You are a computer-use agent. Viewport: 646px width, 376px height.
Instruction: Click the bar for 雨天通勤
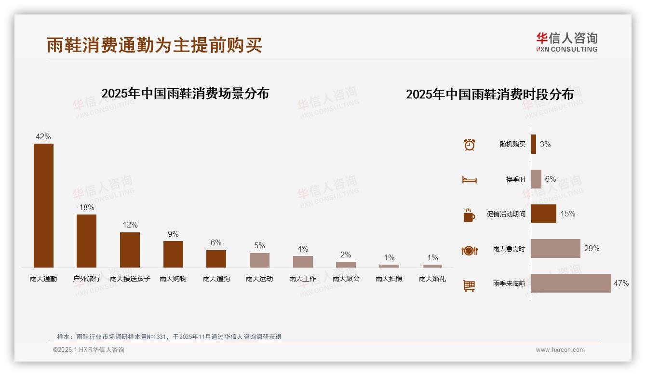pos(43,205)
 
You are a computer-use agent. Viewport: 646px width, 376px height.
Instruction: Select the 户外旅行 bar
pos(86,241)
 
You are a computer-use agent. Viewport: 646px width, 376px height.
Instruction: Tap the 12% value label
pos(130,225)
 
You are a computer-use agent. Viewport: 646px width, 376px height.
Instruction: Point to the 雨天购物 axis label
pos(173,279)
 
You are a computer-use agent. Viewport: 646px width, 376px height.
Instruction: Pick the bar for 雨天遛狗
pos(216,258)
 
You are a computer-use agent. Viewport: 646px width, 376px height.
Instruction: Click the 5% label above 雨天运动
pos(259,245)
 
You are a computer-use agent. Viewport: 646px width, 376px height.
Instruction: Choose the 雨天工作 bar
pos(303,261)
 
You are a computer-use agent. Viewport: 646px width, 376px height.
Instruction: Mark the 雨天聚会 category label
pos(346,279)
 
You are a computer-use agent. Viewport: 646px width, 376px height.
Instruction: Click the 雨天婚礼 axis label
pos(432,279)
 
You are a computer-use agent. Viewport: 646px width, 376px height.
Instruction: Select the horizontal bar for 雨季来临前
pos(571,283)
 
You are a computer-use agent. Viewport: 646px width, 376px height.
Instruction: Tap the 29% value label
pos(592,249)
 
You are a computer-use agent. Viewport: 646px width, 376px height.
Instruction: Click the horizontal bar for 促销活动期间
pos(543,214)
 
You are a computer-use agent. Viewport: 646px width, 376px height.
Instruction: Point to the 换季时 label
pos(515,179)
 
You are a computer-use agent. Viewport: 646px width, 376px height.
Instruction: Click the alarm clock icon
pos(470,145)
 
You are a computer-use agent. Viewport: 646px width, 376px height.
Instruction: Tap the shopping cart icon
pos(469,285)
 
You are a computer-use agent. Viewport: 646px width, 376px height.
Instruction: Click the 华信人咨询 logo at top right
pos(566,42)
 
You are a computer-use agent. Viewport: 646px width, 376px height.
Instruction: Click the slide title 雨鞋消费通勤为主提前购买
pos(154,45)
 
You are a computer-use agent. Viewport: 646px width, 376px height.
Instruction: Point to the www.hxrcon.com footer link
pos(560,350)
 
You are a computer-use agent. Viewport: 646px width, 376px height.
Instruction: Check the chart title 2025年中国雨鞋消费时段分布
pos(490,94)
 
